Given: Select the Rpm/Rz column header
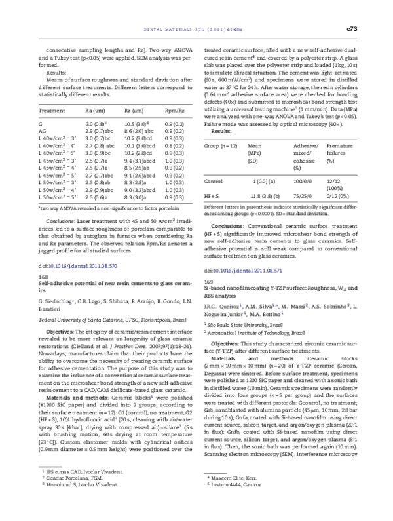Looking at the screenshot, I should (174, 111).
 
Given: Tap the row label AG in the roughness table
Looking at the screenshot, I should (43, 132).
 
